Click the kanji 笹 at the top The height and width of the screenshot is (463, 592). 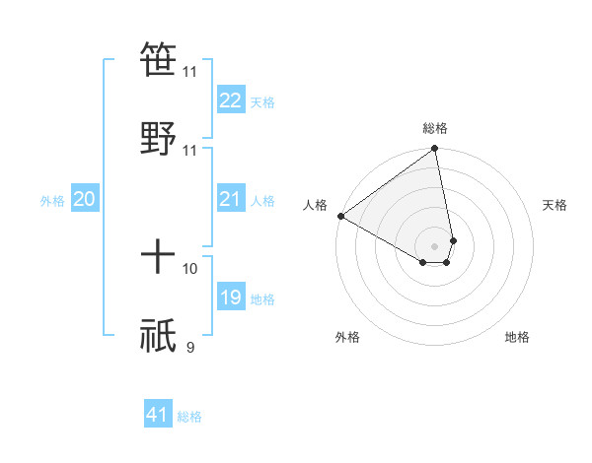159,59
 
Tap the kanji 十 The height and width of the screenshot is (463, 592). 159,257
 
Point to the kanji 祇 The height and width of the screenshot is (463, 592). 159,336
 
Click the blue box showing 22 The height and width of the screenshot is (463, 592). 230,100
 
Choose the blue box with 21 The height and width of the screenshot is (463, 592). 230,200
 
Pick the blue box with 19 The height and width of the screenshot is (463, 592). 230,298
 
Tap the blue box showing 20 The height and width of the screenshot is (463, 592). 84,200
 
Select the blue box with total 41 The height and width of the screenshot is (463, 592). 158,415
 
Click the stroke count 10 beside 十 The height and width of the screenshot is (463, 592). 190,268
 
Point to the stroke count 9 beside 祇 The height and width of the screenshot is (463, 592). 189,347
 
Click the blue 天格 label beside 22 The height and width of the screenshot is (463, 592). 262,101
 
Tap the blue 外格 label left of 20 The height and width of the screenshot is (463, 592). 52,201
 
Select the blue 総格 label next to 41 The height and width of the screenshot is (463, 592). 189,417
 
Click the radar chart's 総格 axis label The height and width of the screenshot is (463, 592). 434,128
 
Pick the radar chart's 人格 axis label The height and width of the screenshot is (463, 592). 315,205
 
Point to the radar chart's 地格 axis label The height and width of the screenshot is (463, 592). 517,337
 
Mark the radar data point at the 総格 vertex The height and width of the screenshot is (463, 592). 435,150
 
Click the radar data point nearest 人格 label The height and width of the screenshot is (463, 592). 340,216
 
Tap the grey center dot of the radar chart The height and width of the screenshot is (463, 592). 435,245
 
